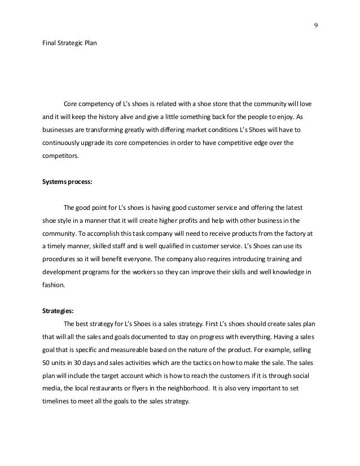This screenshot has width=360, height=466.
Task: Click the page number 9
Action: pos(315,25)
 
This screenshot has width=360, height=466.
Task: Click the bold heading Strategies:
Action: pos(58,310)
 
